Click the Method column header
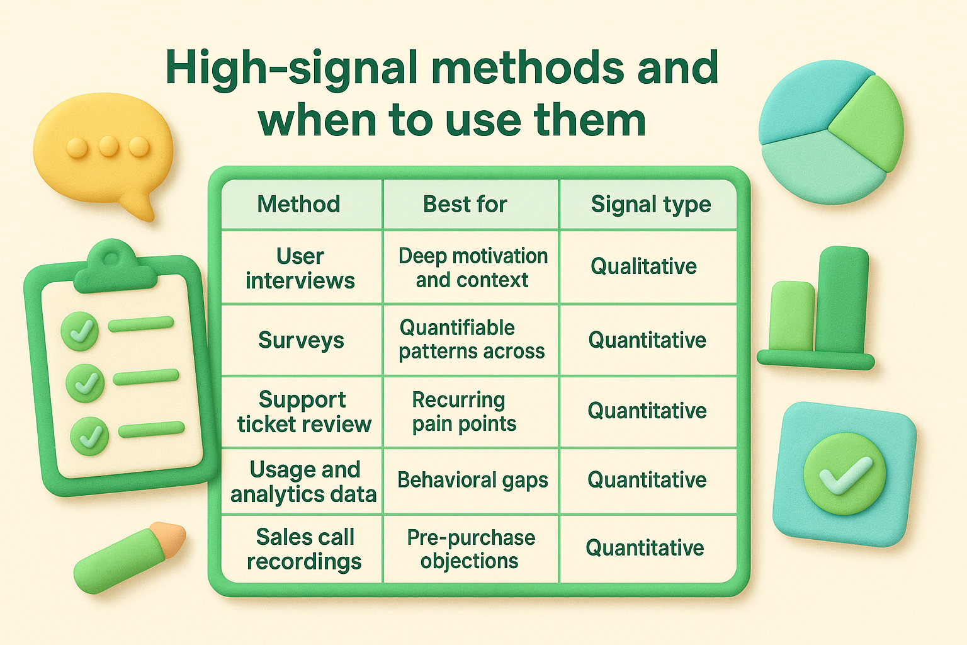(299, 204)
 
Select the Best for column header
(465, 204)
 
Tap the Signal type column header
(650, 204)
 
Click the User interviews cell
(300, 268)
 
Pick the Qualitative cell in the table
(643, 266)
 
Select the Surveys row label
(301, 340)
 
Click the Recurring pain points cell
(464, 411)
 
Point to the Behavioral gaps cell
(472, 480)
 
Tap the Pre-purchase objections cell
(470, 549)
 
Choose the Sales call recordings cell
(304, 549)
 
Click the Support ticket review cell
(304, 411)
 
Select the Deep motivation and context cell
(472, 268)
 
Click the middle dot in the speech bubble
(108, 147)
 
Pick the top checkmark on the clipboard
(80, 330)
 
